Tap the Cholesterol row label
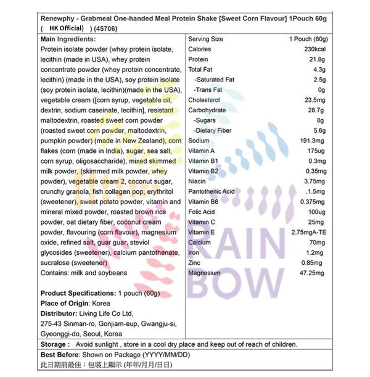(203, 100)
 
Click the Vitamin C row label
(202, 222)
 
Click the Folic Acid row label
(202, 212)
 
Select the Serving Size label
(205, 39)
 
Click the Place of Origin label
(64, 303)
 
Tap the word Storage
(55, 344)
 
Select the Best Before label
(63, 355)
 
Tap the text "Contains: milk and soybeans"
(83, 272)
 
